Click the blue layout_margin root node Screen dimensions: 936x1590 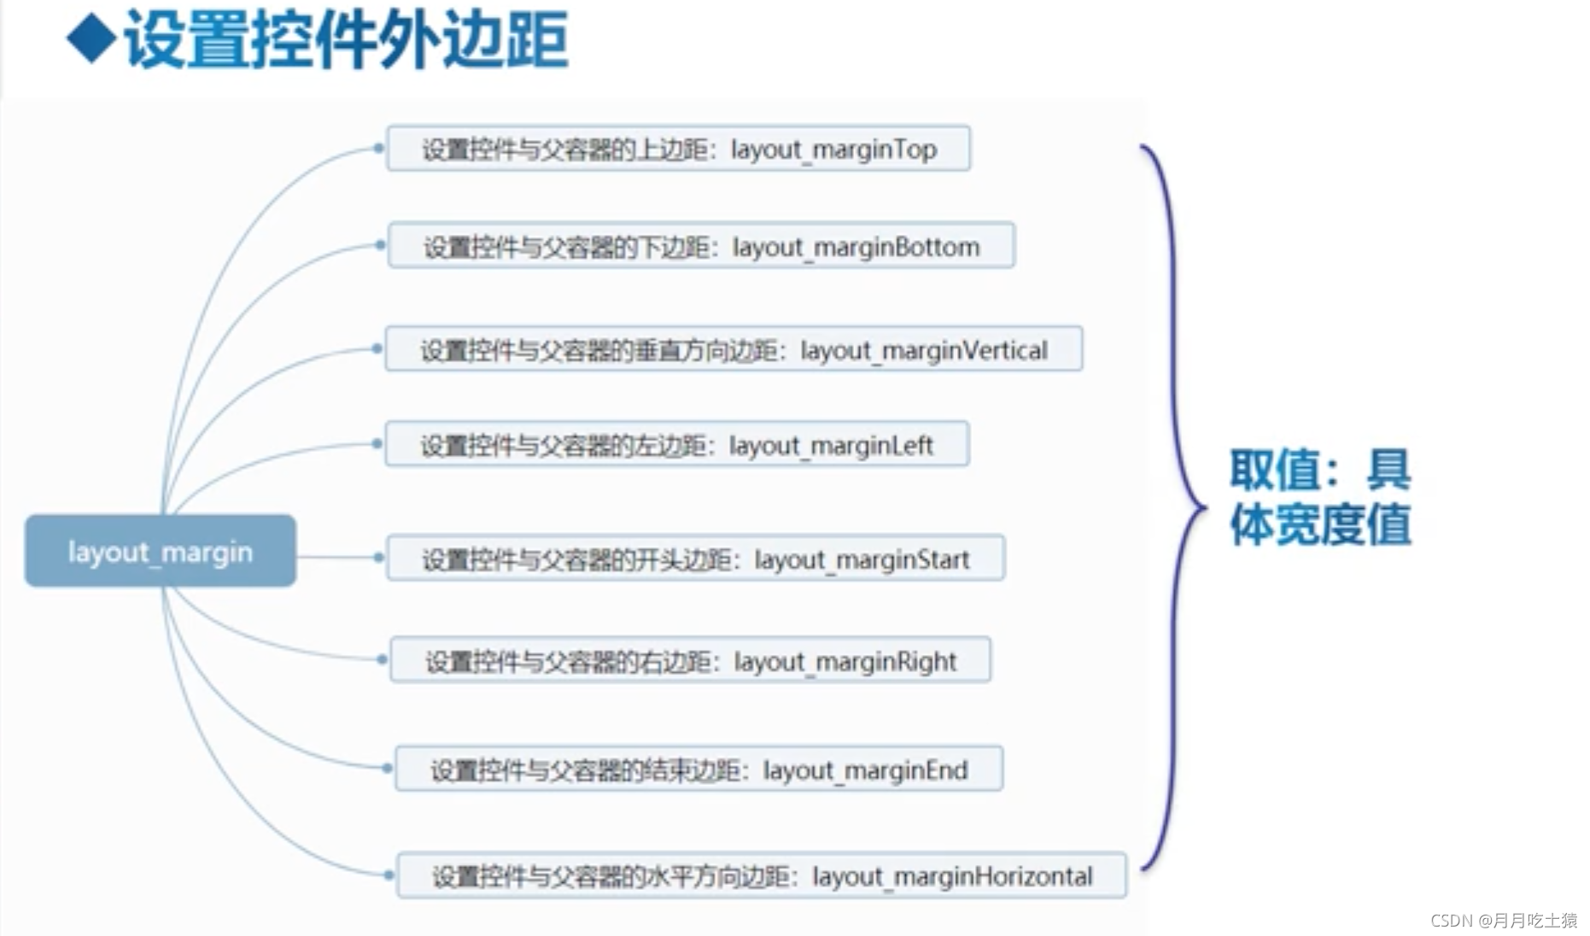coord(161,551)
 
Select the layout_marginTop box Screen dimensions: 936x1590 coord(678,149)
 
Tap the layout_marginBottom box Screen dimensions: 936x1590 coord(701,246)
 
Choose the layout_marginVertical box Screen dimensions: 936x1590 coord(734,349)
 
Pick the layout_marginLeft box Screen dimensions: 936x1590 coord(676,444)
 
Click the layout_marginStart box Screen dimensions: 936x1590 coord(695,559)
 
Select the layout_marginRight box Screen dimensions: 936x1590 coord(690,660)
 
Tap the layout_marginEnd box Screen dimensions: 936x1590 coord(699,769)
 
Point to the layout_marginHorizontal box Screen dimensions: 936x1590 coord(762,875)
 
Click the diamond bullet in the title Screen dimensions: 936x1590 coord(91,38)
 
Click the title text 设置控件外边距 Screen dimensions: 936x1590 coord(346,40)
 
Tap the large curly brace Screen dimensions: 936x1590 coord(1172,508)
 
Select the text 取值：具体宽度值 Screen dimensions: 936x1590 coord(1319,497)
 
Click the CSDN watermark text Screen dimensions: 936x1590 coord(1503,920)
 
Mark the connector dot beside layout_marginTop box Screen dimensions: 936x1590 coord(378,149)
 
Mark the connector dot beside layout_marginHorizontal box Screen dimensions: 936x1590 coord(389,875)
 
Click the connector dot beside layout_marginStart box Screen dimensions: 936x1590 coord(378,558)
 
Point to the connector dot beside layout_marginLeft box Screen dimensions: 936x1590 coord(377,443)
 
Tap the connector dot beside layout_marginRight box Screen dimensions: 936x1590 coord(382,659)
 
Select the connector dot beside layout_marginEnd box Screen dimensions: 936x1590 coord(387,769)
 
